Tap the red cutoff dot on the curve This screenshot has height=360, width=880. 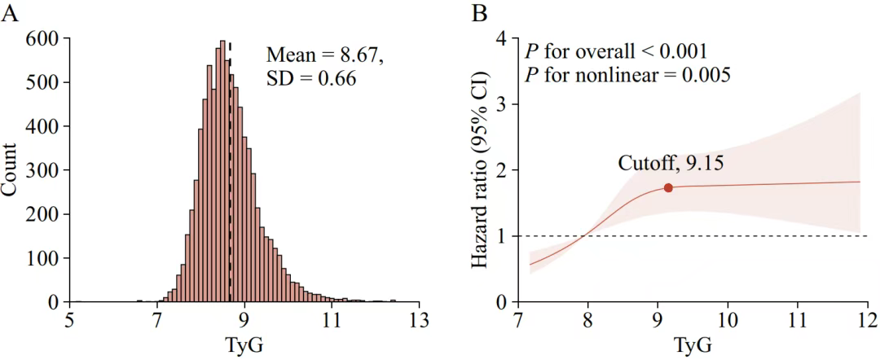[668, 187]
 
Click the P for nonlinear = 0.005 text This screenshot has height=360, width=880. [627, 75]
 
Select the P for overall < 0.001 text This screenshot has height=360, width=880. [616, 51]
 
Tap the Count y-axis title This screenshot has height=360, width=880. [11, 170]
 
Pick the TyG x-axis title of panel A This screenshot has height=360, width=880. [244, 345]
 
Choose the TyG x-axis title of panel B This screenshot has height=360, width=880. [693, 345]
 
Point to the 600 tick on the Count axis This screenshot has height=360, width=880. [42, 39]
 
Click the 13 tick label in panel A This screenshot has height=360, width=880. [419, 319]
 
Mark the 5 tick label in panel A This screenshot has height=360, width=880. [70, 319]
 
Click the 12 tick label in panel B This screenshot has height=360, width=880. [867, 319]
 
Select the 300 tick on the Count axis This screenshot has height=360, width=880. [42, 170]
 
